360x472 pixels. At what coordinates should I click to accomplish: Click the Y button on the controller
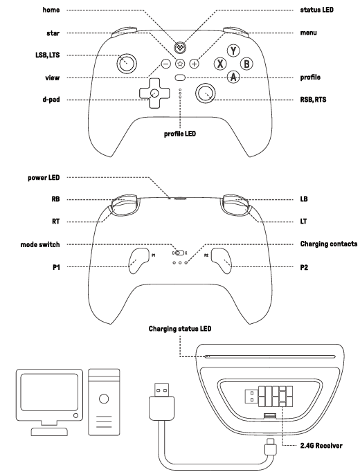coord(234,51)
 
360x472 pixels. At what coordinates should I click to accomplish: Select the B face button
coord(246,64)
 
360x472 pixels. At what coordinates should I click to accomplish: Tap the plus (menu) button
coord(194,64)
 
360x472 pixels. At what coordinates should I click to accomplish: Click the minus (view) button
coord(166,64)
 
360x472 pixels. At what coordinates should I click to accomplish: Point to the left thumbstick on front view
coord(125,64)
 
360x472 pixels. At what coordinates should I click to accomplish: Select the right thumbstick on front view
coord(206,92)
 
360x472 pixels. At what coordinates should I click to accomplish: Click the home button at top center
coord(180,48)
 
